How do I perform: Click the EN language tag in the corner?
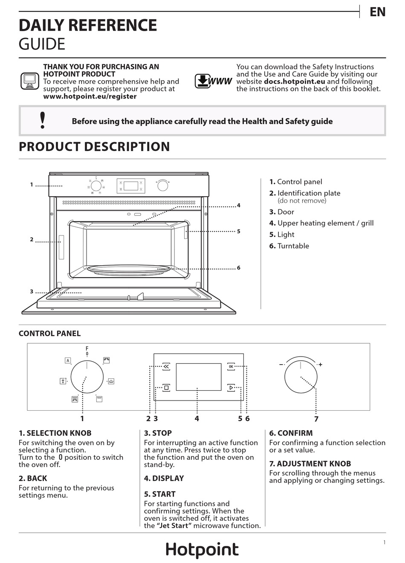(x=377, y=12)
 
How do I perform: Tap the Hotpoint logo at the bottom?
(x=202, y=550)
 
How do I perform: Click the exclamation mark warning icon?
(x=43, y=120)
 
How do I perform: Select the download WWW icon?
(x=213, y=81)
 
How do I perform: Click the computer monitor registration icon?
(x=30, y=81)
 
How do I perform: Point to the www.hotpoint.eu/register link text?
(x=90, y=96)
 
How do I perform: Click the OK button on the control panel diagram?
(x=231, y=366)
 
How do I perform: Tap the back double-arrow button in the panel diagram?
(x=166, y=366)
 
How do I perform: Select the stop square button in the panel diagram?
(x=166, y=388)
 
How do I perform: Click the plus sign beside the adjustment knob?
(x=320, y=364)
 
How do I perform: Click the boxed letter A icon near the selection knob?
(x=68, y=360)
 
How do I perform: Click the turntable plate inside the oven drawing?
(x=129, y=270)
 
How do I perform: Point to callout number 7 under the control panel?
(x=316, y=419)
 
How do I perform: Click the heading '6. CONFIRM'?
(x=291, y=433)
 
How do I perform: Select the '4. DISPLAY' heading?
(x=164, y=478)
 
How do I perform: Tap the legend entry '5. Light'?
(x=282, y=235)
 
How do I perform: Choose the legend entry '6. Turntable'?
(x=289, y=246)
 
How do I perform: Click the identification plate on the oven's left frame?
(x=61, y=247)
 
